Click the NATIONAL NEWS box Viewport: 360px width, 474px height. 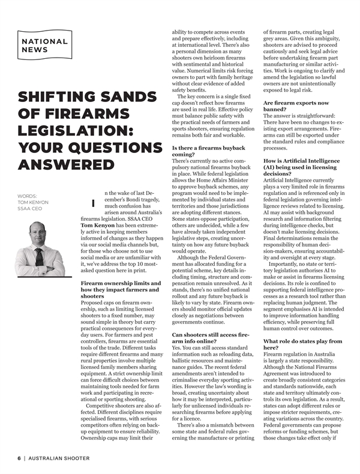click(x=45, y=46)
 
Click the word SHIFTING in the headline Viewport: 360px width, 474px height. click(x=54, y=97)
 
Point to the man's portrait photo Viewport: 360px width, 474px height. click(x=40, y=233)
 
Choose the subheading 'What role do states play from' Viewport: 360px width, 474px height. click(x=303, y=341)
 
